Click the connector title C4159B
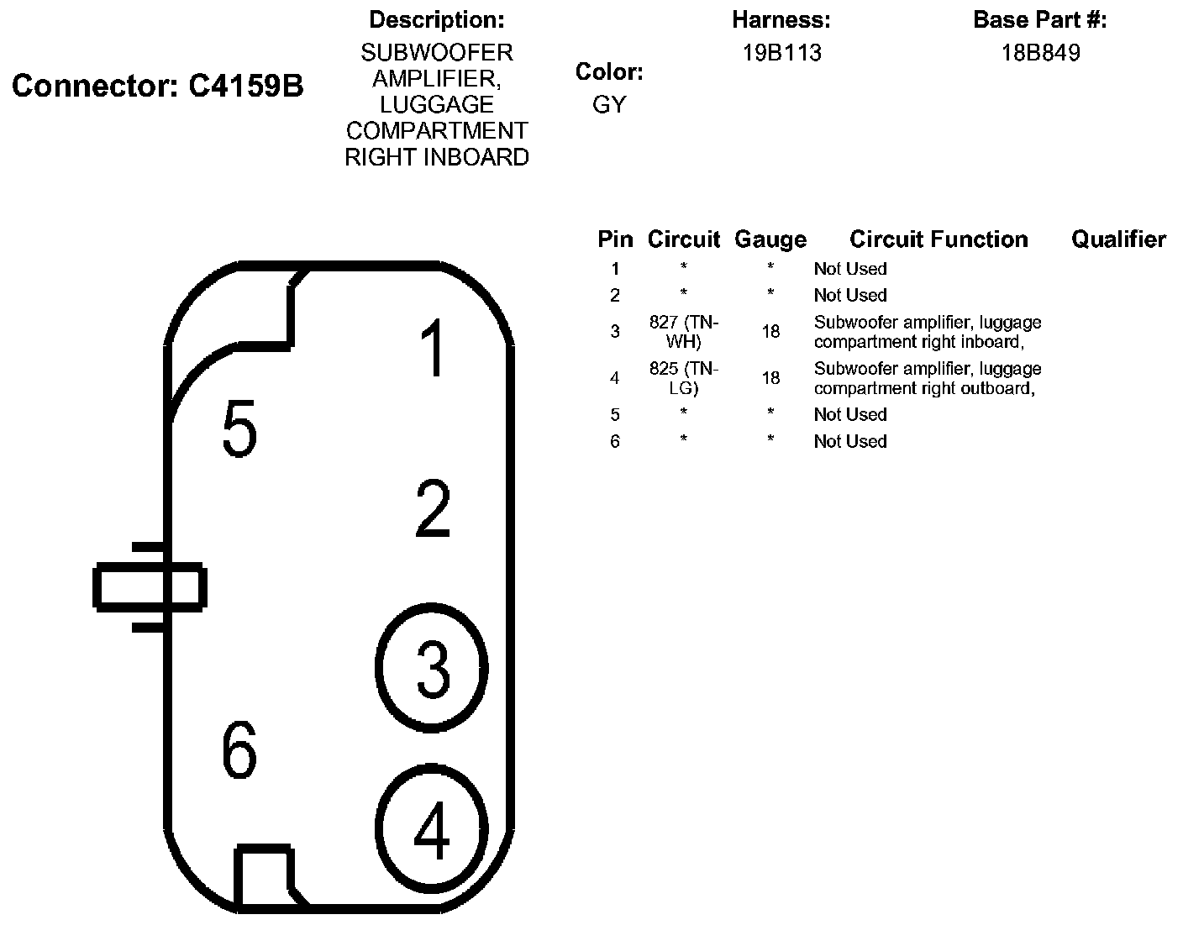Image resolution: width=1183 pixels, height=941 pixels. tap(158, 86)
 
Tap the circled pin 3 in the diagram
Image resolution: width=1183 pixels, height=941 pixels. tap(432, 668)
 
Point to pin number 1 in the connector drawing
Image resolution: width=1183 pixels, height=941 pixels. tap(433, 348)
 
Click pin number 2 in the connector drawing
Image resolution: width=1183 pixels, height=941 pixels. tap(433, 508)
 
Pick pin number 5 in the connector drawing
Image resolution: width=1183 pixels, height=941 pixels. tap(239, 428)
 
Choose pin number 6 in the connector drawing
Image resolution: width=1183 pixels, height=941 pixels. tap(239, 749)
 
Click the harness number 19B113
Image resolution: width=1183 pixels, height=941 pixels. tap(781, 53)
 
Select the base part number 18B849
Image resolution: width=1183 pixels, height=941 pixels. tap(1040, 53)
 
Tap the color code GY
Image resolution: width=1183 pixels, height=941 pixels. tap(609, 105)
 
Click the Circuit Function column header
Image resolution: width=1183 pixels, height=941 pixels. tap(939, 239)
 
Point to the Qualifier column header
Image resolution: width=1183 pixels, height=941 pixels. tap(1118, 239)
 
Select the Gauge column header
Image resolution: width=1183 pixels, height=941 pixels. tap(770, 239)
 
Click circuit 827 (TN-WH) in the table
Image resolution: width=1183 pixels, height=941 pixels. tap(684, 332)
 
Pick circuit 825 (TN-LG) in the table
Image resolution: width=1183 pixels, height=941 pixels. tap(684, 378)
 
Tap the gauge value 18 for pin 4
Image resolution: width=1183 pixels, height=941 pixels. tap(770, 378)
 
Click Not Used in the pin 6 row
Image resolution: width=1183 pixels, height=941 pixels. tap(850, 441)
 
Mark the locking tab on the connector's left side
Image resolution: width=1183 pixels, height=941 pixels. tap(149, 587)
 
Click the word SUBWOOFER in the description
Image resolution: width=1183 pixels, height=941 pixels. tap(436, 53)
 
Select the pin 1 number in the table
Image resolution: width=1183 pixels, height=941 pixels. tap(615, 269)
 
